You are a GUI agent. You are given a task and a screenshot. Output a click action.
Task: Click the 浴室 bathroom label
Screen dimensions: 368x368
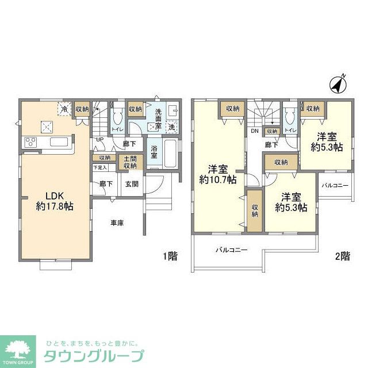click(154, 151)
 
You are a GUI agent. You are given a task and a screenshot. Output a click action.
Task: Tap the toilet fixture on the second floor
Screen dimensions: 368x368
click(290, 117)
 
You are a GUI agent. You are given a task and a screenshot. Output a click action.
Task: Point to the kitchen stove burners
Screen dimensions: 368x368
click(30, 142)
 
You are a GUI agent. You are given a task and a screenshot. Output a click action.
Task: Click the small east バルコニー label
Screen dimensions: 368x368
click(334, 186)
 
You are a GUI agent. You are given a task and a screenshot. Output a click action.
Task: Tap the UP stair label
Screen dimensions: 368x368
click(99, 139)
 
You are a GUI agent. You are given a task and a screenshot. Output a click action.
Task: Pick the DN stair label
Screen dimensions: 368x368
click(254, 131)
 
